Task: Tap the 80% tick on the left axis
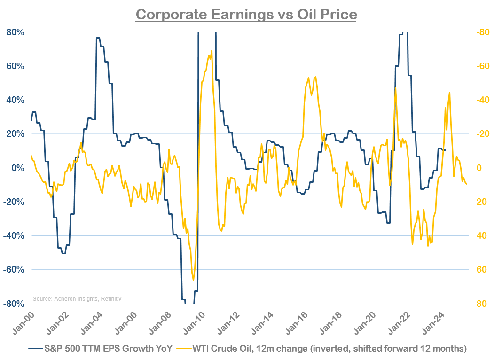pos(16,32)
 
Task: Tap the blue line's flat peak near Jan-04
pos(98,38)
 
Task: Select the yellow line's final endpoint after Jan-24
pos(467,184)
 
